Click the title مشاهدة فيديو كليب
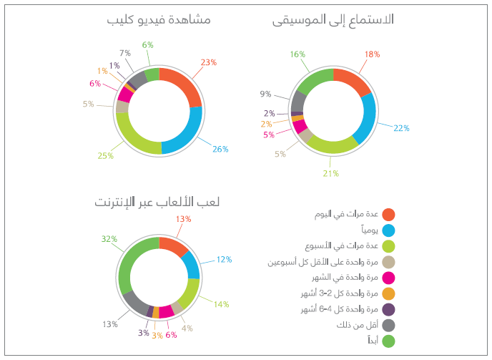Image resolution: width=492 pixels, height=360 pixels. click(x=158, y=21)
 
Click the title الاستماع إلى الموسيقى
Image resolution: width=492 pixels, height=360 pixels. click(x=333, y=21)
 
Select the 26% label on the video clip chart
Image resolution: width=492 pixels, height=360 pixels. click(x=220, y=150)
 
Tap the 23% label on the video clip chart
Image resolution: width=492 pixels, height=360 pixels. click(x=209, y=63)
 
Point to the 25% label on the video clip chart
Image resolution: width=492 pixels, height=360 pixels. click(x=106, y=155)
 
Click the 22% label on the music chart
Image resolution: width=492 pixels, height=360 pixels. click(x=401, y=129)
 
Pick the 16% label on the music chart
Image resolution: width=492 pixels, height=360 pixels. click(x=298, y=54)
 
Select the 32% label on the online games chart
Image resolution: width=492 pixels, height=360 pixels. click(x=109, y=239)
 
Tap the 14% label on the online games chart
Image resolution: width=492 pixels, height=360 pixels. click(x=221, y=304)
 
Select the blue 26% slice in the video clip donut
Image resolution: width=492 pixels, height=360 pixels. click(x=187, y=132)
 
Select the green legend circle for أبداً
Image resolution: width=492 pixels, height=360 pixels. click(x=389, y=341)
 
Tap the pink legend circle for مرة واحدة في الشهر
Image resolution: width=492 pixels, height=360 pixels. click(x=389, y=278)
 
